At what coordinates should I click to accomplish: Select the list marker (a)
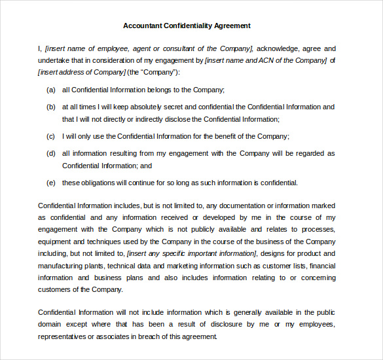(51, 90)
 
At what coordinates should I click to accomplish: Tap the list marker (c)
(51, 136)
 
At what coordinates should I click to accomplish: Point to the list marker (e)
(51, 183)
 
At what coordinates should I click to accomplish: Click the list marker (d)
(51, 153)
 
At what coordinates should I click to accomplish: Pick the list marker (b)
(51, 107)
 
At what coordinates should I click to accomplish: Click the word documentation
(255, 206)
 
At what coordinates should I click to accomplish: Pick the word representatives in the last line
(63, 336)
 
